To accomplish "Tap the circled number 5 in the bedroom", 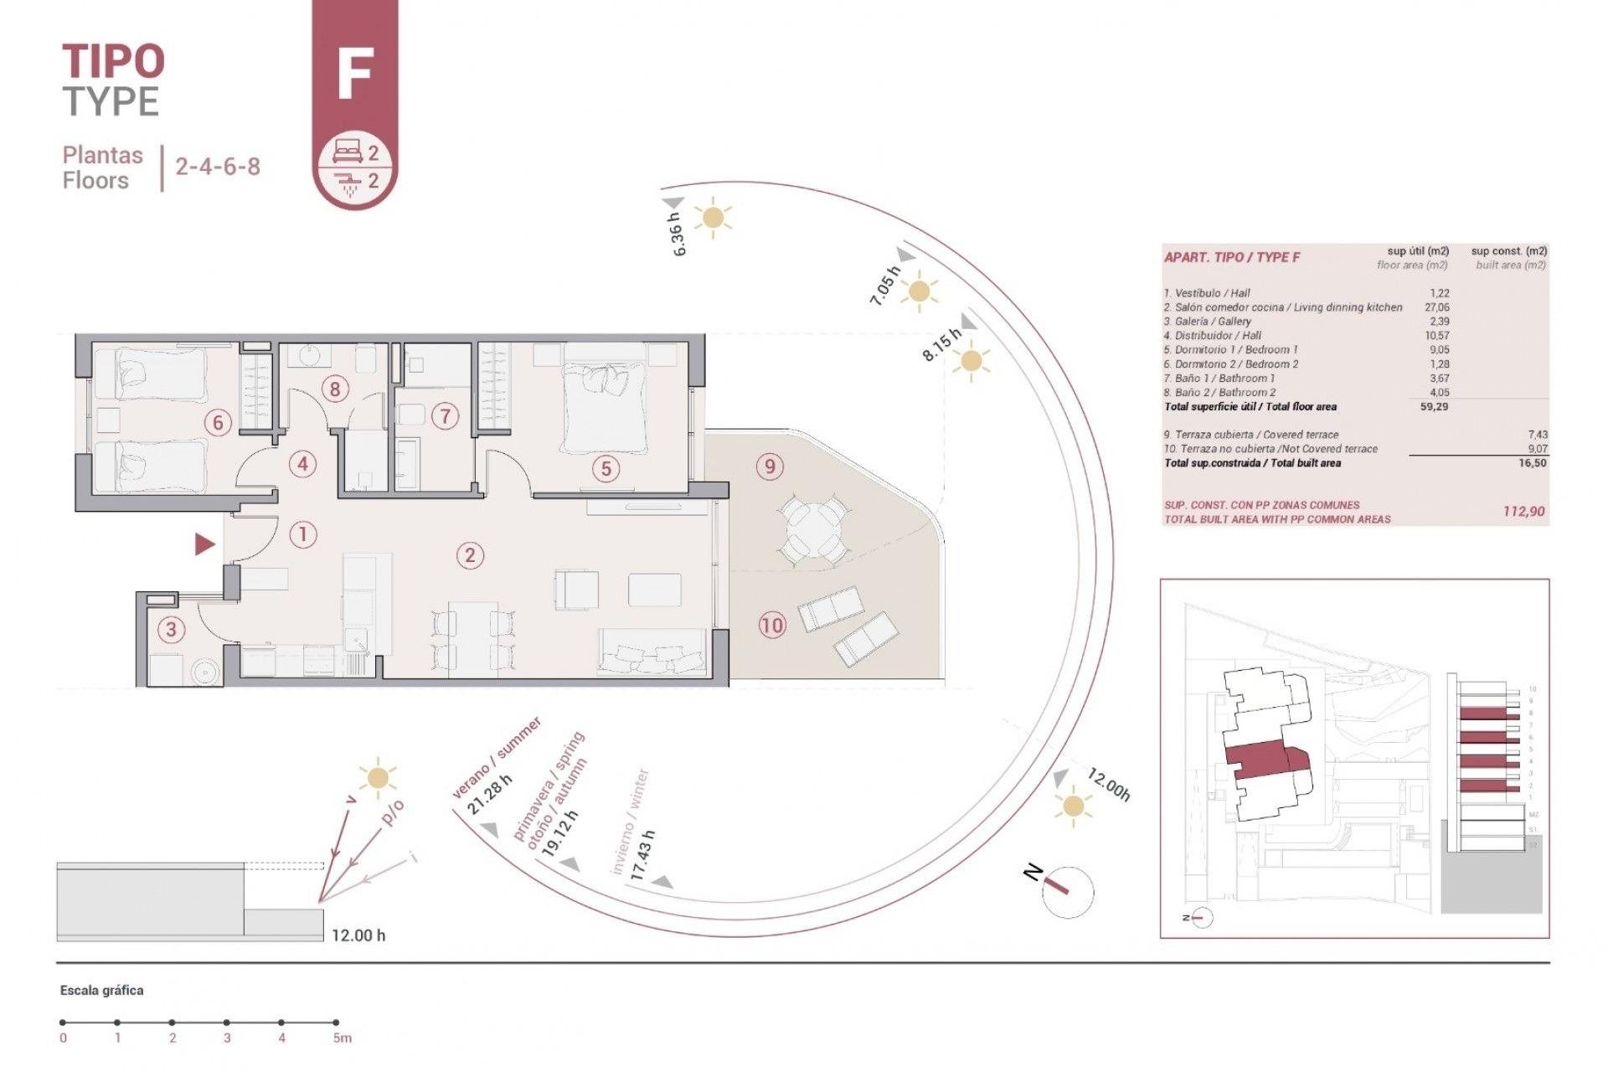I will tap(606, 468).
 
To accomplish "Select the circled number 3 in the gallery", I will tap(171, 629).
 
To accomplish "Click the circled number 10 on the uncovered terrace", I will tap(771, 624).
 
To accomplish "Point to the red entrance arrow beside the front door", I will tap(204, 544).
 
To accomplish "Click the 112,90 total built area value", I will tap(1523, 511).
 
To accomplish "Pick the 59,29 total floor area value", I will tap(1434, 407).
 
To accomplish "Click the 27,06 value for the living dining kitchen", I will tap(1436, 307).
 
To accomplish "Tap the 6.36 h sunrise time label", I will tap(679, 234).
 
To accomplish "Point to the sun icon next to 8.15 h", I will tap(971, 362).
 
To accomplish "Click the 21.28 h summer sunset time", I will tap(490, 795).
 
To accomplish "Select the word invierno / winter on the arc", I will tap(629, 821).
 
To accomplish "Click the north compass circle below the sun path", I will tap(1068, 891).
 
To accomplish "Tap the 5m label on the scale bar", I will tap(342, 1038).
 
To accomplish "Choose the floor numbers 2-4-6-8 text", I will tap(218, 166).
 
